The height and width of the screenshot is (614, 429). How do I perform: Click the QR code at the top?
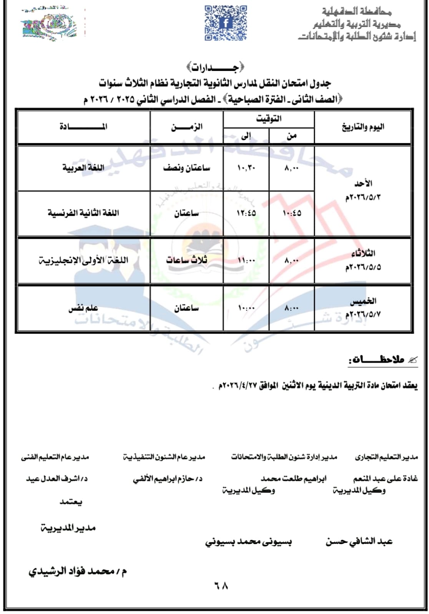(x=226, y=23)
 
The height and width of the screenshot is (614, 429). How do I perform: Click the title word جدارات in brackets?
(x=215, y=68)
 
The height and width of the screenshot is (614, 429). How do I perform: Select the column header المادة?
(x=83, y=127)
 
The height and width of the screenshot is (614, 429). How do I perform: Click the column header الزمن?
(x=187, y=127)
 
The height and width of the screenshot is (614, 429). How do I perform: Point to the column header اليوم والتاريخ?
(x=363, y=127)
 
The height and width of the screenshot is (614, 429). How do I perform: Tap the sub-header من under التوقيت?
(x=292, y=135)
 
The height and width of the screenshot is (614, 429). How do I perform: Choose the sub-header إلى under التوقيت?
(x=246, y=135)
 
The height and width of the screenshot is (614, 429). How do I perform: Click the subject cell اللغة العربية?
(x=83, y=168)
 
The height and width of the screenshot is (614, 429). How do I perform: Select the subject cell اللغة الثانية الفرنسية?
(x=83, y=213)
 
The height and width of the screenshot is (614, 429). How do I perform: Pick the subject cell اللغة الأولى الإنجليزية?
(x=83, y=260)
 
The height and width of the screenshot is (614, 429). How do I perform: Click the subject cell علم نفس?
(x=83, y=308)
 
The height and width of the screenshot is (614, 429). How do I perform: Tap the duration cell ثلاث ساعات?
(x=187, y=260)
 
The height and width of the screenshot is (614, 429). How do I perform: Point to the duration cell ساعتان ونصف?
(x=187, y=168)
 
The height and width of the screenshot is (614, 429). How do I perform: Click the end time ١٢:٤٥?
(x=246, y=213)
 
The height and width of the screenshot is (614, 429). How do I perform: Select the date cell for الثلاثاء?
(x=363, y=260)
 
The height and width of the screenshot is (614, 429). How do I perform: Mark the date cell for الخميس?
(x=363, y=308)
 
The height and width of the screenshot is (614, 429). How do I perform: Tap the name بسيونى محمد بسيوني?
(x=248, y=542)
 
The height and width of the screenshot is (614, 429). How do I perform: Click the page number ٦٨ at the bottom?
(x=221, y=586)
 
